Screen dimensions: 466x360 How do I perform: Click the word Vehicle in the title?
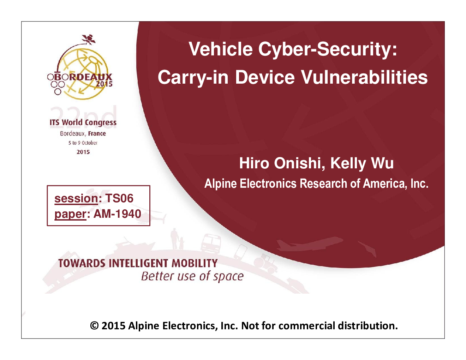221,49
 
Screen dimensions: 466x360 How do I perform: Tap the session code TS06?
119,198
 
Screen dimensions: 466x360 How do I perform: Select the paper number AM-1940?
117,214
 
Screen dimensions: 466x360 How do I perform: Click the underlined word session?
76,198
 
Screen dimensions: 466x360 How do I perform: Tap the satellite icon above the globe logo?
89,40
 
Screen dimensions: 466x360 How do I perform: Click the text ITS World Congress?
83,122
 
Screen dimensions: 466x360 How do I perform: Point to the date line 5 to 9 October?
83,143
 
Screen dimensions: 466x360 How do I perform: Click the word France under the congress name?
97,133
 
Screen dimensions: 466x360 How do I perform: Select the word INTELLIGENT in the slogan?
138,263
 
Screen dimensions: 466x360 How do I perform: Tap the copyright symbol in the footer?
94,326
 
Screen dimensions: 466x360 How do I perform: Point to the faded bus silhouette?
211,244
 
